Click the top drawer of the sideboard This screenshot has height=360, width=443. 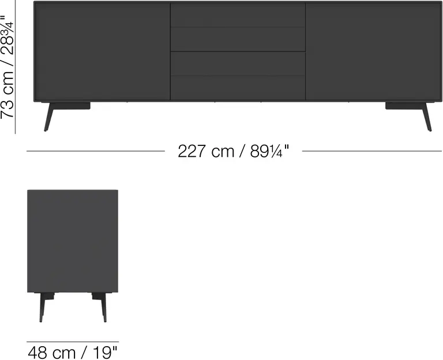(x=238, y=14)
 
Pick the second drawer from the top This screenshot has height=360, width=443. (x=238, y=39)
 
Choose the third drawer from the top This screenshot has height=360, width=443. (x=238, y=63)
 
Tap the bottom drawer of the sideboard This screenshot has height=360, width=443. (x=238, y=88)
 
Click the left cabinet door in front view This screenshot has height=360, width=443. (x=102, y=51)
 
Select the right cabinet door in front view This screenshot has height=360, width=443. (x=374, y=51)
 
